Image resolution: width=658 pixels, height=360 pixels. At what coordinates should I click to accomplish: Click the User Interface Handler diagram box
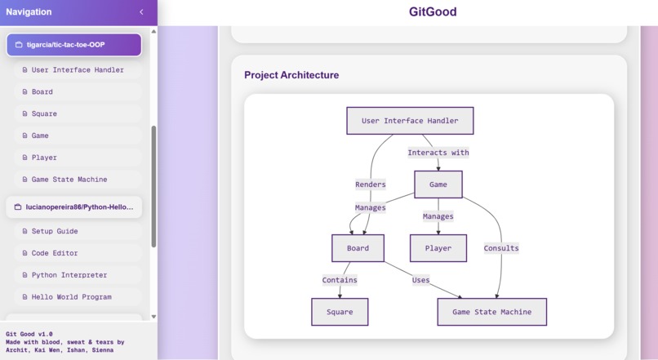(410, 121)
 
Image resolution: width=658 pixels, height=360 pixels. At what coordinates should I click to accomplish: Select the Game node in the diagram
(438, 184)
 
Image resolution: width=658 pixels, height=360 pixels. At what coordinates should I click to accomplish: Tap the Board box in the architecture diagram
(358, 248)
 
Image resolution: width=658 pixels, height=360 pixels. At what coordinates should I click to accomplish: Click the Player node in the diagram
(438, 248)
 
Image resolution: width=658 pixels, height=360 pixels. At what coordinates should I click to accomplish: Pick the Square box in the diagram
(340, 312)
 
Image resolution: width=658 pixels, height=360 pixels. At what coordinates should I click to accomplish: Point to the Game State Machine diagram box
(491, 312)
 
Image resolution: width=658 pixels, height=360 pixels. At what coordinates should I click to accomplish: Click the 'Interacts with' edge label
(438, 153)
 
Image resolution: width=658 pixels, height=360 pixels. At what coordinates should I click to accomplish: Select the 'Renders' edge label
(371, 184)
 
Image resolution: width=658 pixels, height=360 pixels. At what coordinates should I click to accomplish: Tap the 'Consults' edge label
(500, 248)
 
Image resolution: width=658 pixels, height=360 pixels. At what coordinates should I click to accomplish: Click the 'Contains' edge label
(340, 280)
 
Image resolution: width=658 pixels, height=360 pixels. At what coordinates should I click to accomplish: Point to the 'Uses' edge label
(420, 280)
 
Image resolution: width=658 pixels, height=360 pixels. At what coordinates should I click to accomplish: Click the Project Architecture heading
(291, 75)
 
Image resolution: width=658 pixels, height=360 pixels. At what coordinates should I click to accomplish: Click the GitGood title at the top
(433, 12)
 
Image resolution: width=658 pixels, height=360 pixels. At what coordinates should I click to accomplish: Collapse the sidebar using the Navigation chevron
(141, 12)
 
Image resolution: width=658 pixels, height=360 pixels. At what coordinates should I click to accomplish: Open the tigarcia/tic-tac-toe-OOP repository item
(73, 45)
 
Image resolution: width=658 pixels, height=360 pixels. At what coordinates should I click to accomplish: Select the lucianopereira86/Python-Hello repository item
(73, 207)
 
